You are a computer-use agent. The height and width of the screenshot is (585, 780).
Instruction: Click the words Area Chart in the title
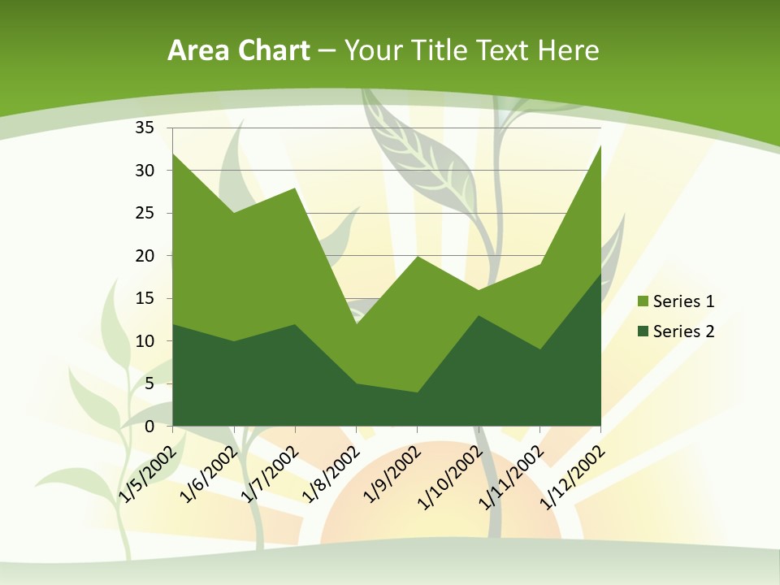(x=238, y=51)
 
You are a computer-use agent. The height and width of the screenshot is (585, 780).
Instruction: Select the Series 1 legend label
(x=683, y=301)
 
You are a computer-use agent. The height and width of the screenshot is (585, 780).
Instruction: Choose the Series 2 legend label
(x=683, y=331)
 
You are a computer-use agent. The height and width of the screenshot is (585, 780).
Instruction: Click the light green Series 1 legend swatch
(x=643, y=301)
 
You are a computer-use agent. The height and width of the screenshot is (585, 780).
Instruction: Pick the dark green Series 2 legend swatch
(x=643, y=331)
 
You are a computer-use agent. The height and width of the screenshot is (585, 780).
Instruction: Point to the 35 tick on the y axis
(x=145, y=128)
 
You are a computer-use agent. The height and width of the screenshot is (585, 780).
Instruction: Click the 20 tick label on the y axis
(x=145, y=256)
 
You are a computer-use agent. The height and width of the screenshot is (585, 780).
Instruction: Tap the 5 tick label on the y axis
(x=149, y=383)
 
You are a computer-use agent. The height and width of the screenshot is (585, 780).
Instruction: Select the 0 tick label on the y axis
(x=149, y=426)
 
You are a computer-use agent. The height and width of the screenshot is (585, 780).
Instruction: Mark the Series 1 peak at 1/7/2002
(x=295, y=188)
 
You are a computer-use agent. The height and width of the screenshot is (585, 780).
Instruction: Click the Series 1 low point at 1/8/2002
(x=356, y=324)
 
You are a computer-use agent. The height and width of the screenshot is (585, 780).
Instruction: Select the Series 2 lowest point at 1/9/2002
(x=418, y=392)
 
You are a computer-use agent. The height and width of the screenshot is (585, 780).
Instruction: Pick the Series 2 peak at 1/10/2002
(x=479, y=315)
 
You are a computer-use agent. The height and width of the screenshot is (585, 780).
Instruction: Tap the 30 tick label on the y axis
(x=145, y=171)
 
